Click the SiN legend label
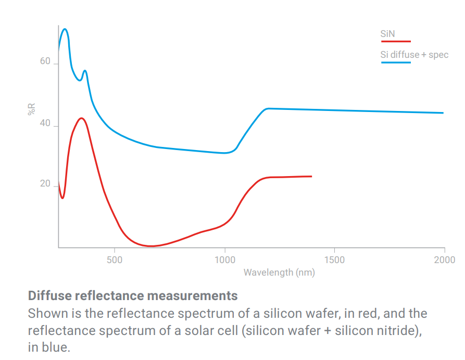[x=387, y=34]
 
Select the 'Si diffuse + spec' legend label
[x=414, y=55]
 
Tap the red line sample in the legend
[x=396, y=41]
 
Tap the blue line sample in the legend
[x=396, y=62]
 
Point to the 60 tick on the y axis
[x=45, y=62]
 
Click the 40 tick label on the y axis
[x=45, y=123]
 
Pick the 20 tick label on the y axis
[x=45, y=184]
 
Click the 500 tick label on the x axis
[x=115, y=259]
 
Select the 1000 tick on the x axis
[x=224, y=259]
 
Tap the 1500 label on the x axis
[x=334, y=259]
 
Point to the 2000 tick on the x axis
[x=444, y=259]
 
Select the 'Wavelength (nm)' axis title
[x=279, y=272]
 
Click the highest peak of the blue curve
[x=65, y=29]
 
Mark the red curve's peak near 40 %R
[x=81, y=118]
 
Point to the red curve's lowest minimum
[x=151, y=246]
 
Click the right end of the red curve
[x=311, y=176]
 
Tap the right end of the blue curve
[x=443, y=113]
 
